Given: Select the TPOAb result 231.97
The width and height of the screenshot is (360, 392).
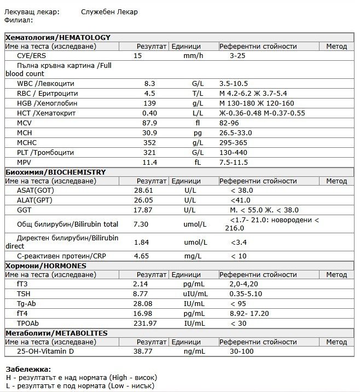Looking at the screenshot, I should coord(144,323).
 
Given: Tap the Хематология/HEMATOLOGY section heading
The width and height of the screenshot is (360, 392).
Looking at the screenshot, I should coord(57,37).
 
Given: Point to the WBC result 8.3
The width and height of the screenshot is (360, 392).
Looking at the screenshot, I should coord(150,83).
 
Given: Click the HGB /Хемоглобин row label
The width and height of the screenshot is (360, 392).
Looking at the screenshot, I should coord(47,103).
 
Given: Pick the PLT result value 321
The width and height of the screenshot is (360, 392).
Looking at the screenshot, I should coord(150,152).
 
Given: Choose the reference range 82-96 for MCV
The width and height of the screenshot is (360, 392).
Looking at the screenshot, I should coord(230,123).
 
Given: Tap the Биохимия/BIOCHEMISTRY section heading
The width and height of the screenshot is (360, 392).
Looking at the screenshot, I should coord(55,172).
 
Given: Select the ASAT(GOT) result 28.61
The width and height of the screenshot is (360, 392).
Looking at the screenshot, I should coord(144,190).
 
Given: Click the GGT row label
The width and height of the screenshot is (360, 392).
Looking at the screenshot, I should coord(24,210).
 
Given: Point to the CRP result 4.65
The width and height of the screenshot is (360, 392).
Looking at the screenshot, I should coord(142,256).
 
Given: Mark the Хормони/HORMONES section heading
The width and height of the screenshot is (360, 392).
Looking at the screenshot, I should coord(45,266).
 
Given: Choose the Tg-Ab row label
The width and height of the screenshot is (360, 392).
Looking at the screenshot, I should coord(27,303).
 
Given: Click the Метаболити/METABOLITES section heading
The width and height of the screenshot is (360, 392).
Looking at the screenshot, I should coord(56,333).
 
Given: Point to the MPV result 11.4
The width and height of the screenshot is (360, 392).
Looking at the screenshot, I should coord(150,162).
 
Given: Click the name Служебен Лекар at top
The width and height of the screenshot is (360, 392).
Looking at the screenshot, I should coord(109,11).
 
